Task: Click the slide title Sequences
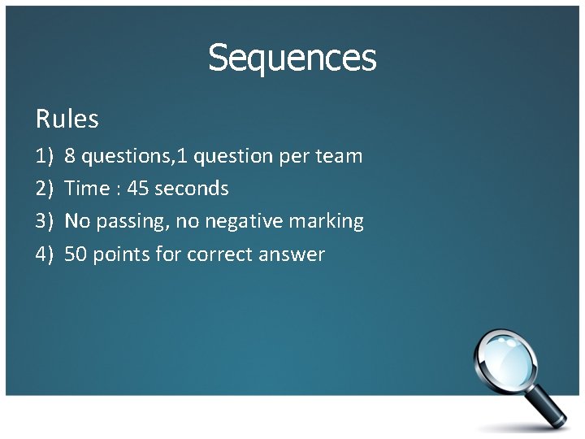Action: (x=292, y=59)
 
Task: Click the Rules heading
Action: (x=67, y=120)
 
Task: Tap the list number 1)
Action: (x=44, y=156)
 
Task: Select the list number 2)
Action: (x=44, y=189)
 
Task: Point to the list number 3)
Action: (x=44, y=221)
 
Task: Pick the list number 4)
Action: (x=44, y=254)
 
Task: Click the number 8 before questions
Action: (x=71, y=156)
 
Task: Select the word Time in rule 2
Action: (x=86, y=189)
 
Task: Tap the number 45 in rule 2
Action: (x=138, y=189)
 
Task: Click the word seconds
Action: (x=191, y=189)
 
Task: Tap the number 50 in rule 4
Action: (x=76, y=254)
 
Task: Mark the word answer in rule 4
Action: (x=291, y=254)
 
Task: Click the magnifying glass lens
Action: (x=505, y=358)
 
